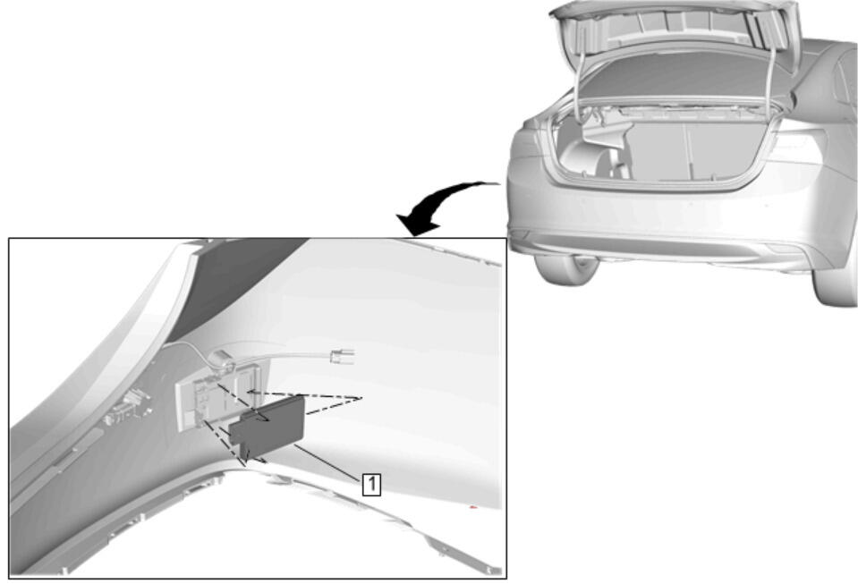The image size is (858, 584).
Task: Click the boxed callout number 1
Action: click(371, 485)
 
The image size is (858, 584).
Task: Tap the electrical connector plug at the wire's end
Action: click(343, 357)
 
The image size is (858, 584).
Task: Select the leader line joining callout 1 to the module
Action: click(327, 461)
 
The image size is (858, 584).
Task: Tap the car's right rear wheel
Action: click(835, 284)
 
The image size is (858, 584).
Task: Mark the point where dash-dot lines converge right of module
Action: click(361, 398)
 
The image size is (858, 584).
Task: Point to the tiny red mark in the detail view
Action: click(474, 508)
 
